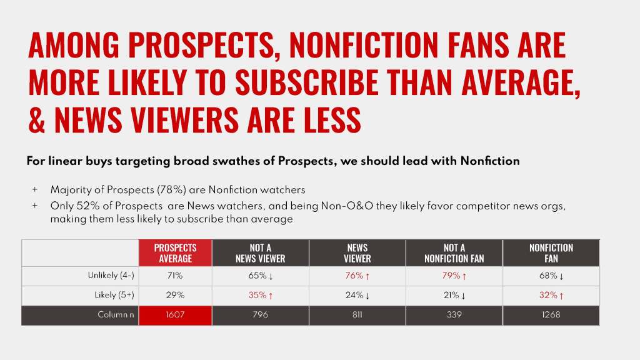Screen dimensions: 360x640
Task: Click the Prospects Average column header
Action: [175, 253]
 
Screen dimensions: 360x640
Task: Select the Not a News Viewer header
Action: [260, 253]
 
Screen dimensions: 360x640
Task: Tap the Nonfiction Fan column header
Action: [551, 253]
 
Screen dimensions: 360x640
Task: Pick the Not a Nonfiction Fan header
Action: [454, 253]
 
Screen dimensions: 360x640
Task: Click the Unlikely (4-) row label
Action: [111, 276]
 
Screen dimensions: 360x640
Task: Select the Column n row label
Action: [116, 315]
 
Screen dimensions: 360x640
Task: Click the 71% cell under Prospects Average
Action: [175, 276]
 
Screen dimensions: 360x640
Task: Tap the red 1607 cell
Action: [175, 315]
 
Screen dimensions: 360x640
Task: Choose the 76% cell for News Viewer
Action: [355, 276]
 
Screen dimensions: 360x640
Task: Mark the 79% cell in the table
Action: [451, 276]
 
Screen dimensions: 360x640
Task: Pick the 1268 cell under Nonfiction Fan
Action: [551, 315]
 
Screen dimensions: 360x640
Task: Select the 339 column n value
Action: [454, 315]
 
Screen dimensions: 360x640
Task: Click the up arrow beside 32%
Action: [561, 296]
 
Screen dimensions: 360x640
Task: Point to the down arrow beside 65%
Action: [271, 276]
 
